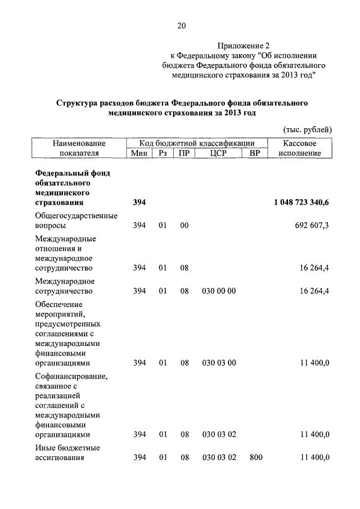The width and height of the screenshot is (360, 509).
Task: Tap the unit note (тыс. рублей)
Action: point(307,130)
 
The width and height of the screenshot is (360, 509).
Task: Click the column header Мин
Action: point(139,153)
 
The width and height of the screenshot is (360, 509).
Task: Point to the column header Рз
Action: point(163,153)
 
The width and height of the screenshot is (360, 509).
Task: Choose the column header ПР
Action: point(183,153)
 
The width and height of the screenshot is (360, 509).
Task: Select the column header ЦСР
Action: point(218,153)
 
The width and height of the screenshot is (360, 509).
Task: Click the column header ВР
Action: point(255,153)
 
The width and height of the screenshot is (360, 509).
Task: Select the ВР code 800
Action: point(256,458)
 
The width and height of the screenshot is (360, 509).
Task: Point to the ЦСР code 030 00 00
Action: point(219,291)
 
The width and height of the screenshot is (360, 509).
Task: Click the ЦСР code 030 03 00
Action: point(219,363)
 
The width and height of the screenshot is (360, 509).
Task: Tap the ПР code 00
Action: point(183,225)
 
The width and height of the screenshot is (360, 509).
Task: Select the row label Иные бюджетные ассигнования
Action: point(67,453)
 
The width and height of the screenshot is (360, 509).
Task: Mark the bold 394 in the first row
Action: point(139,202)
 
